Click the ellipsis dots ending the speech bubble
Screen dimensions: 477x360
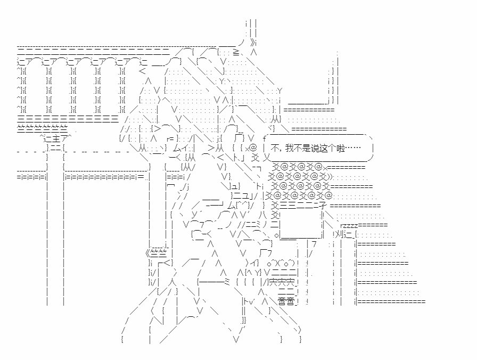[x=353, y=148]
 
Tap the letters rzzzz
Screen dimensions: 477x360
[x=349, y=225]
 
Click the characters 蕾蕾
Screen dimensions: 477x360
[x=286, y=301]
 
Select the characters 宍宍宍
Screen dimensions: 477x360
[x=282, y=282]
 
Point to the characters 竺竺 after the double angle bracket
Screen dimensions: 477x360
[x=159, y=253]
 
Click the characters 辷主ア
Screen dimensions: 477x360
[x=56, y=139]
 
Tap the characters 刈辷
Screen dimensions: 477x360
[x=344, y=235]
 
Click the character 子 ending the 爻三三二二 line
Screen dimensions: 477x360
[x=322, y=206]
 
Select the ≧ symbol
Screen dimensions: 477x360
[x=236, y=52]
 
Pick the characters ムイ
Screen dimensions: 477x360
[x=182, y=149]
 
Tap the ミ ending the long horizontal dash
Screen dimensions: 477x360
[x=227, y=282]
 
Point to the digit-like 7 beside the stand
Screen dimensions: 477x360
[x=314, y=244]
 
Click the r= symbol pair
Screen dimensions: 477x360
[x=170, y=139]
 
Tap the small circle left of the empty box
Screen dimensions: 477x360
[x=276, y=235]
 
